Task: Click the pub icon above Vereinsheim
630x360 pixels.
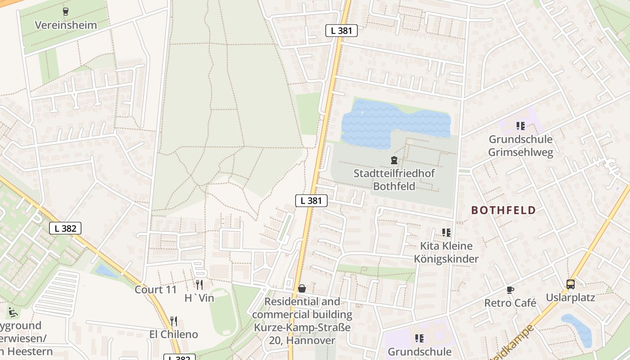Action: [66, 12]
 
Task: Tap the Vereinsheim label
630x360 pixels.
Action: [66, 25]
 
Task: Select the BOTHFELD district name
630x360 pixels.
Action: [504, 210]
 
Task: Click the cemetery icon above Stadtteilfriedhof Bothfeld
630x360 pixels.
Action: [394, 160]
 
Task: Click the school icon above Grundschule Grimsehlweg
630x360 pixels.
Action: [521, 126]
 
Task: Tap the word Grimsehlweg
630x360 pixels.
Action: [521, 152]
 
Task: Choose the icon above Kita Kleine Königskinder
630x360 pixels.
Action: [446, 233]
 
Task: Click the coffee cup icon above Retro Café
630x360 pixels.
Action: [510, 290]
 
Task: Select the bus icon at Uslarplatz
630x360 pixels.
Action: [570, 284]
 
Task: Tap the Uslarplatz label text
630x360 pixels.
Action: [570, 297]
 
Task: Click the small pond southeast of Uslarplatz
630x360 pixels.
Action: [578, 328]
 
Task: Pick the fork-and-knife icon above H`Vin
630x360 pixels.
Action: [199, 285]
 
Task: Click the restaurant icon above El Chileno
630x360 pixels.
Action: [173, 321]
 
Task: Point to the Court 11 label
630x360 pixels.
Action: [156, 289]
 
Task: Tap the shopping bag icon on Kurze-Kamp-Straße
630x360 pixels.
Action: [302, 288]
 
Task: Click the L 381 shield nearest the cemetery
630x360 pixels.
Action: [311, 201]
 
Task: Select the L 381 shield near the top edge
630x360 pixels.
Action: [342, 31]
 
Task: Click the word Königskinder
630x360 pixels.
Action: [446, 259]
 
